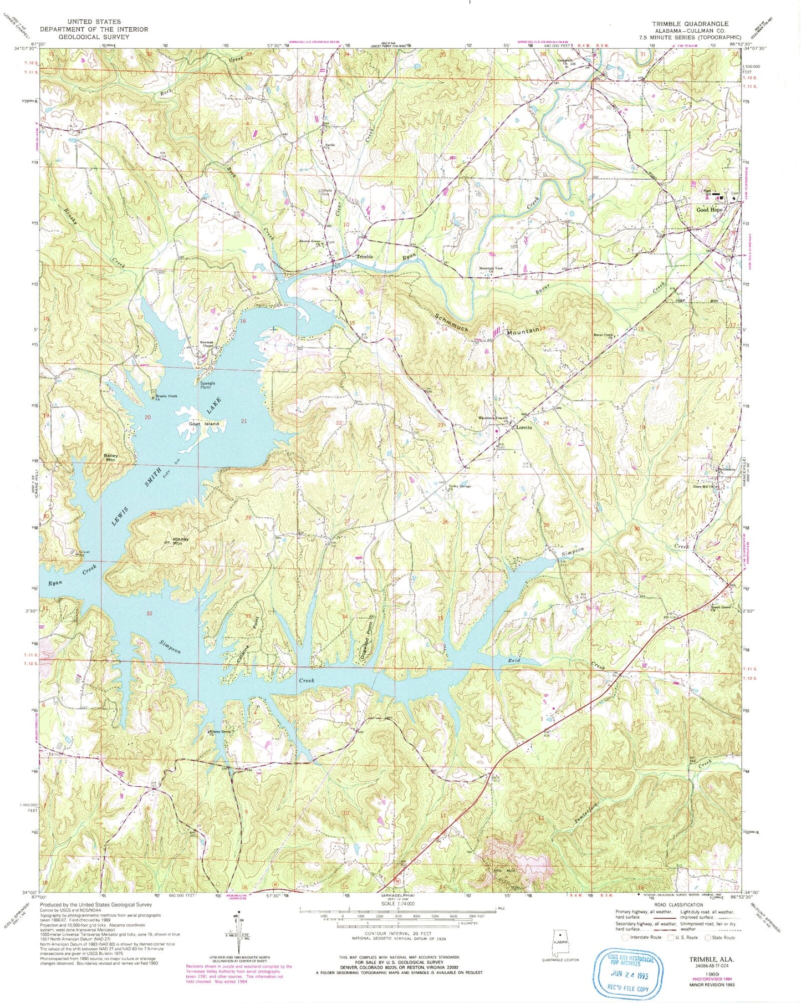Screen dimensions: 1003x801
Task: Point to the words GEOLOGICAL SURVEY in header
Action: pyautogui.click(x=94, y=37)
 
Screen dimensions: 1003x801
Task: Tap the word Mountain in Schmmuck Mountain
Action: pyautogui.click(x=523, y=332)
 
